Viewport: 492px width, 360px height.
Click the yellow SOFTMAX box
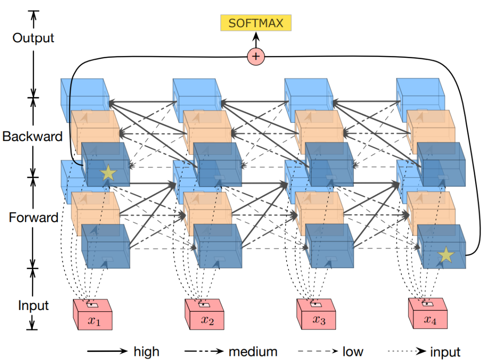(256, 23)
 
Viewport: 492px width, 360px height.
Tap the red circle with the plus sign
(256, 56)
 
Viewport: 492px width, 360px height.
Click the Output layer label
(33, 38)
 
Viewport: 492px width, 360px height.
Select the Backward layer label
(32, 136)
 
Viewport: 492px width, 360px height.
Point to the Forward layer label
(34, 218)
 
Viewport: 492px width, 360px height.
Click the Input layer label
(33, 305)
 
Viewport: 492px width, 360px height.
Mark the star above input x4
(445, 256)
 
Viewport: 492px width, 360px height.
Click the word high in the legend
(147, 351)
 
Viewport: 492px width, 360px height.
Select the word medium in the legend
(253, 351)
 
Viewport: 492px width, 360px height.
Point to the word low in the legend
(353, 351)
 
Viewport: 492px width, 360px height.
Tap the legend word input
(445, 351)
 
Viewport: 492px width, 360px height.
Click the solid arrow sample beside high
(108, 351)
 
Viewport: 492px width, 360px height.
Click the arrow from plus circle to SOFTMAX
(256, 40)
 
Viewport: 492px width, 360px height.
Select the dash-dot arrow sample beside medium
(204, 351)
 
